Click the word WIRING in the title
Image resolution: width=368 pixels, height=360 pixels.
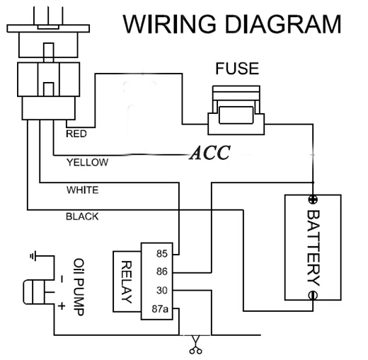coord(169,23)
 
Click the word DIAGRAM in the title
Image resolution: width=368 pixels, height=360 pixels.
coord(283,23)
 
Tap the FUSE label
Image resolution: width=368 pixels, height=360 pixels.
coord(237,69)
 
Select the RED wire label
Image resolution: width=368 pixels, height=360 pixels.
coord(76,134)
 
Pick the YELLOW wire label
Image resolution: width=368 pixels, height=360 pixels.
coord(87,163)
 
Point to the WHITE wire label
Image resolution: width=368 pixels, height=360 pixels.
coord(82,190)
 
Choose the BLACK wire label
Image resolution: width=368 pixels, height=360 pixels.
coord(82,216)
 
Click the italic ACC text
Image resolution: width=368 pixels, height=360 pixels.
coord(209,153)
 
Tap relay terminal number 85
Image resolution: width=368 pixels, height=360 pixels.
coord(162,254)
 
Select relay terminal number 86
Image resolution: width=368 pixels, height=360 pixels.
coord(162,272)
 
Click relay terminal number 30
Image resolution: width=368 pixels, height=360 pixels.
coord(162,290)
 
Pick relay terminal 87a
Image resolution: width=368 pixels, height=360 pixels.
coord(160,308)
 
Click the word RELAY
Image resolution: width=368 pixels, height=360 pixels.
coord(127,281)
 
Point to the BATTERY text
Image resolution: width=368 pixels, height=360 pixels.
coord(314,248)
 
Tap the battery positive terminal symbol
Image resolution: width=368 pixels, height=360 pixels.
coord(313,200)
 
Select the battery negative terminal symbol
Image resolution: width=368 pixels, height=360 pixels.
coord(313,295)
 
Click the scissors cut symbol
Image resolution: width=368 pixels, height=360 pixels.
coord(195,344)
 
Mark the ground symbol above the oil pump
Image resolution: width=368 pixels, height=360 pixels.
coord(33,256)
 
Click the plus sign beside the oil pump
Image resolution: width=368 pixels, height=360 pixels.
coord(62,306)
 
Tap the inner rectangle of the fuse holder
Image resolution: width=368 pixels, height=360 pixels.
coord(236,115)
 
